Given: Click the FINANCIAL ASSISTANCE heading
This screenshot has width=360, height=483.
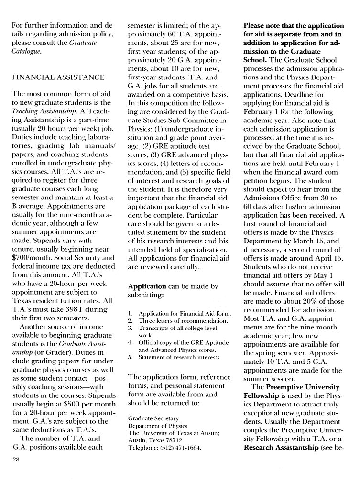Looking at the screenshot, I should pos(58,77).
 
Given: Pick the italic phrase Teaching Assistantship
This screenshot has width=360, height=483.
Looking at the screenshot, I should pos(42,111).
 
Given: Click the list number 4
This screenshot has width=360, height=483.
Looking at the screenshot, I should pos(131,342).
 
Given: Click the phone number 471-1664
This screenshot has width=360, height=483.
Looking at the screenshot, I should pos(187,447).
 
